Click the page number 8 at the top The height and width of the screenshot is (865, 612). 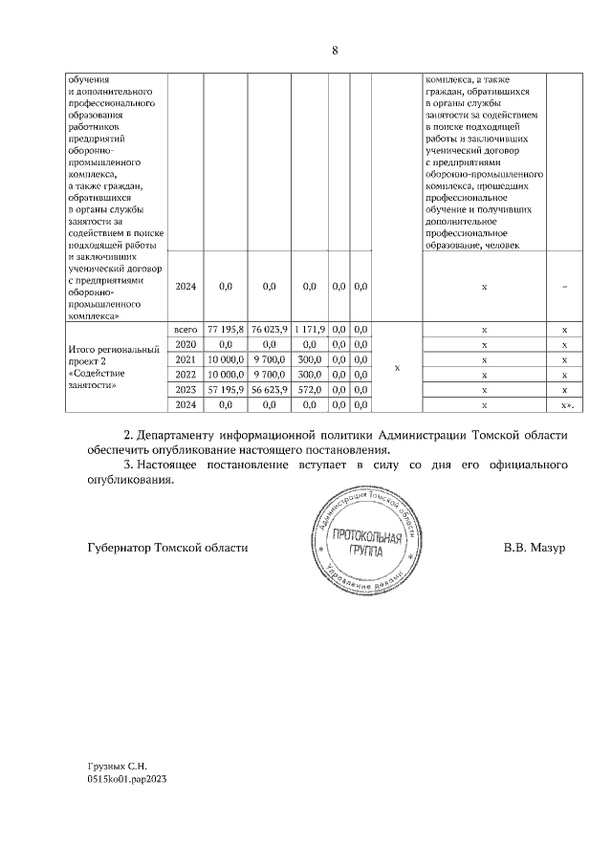coord(335,51)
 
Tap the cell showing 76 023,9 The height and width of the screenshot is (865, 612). coord(269,329)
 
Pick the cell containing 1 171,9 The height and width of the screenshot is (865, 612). coord(310,329)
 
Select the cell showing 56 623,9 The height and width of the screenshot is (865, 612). coord(269,390)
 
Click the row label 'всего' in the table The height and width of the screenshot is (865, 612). coord(186,329)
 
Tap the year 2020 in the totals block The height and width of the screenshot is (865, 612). coord(186,344)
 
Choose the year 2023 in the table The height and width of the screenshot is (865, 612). coord(186,390)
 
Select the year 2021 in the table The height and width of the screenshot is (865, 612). coord(186,359)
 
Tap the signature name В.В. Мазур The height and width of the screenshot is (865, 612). coord(535,548)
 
